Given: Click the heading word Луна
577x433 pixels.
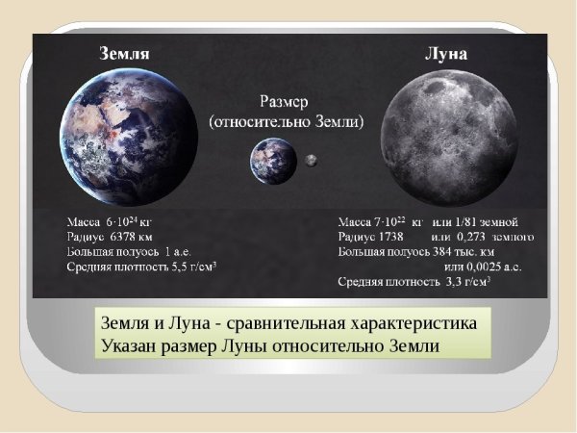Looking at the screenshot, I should (445, 54).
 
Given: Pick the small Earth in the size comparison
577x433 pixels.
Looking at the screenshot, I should (272, 160).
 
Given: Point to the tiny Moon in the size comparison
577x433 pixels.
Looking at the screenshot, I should (312, 161).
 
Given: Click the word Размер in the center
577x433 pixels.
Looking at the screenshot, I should (286, 100).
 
